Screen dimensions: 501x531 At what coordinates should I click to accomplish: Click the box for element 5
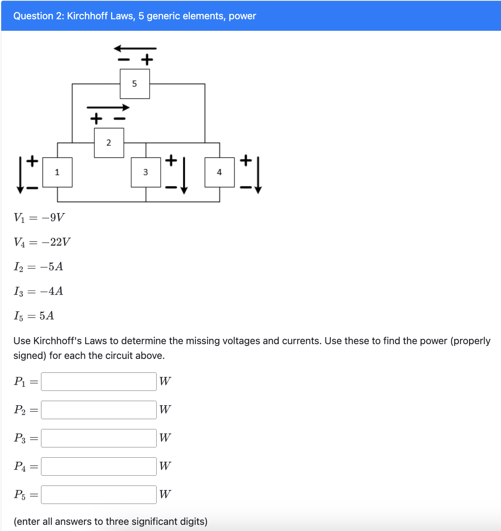(x=134, y=84)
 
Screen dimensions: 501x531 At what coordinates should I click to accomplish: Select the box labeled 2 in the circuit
(x=109, y=143)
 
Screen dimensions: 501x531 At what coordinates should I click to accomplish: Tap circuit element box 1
(x=57, y=172)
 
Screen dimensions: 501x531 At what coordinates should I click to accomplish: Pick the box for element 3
(x=146, y=172)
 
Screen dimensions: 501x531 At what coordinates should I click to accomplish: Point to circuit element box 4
(x=219, y=172)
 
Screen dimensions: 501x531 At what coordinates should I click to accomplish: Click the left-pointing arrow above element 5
(x=135, y=49)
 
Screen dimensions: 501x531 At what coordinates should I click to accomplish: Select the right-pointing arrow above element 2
(x=108, y=108)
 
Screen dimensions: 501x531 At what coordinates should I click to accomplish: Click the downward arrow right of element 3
(x=184, y=175)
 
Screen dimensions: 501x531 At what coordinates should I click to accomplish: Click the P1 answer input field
(x=98, y=381)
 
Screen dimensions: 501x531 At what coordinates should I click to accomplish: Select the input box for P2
(x=98, y=410)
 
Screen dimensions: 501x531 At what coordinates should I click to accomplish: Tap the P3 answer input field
(x=98, y=438)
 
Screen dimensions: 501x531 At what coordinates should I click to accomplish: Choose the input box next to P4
(x=98, y=466)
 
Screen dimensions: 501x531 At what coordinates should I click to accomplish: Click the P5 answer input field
(x=98, y=495)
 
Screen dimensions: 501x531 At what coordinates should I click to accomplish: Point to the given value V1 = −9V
(x=39, y=217)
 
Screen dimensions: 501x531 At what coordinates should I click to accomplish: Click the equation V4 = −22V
(x=42, y=242)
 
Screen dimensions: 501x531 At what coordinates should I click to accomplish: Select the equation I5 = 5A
(x=34, y=315)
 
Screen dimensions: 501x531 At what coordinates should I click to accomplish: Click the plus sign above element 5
(x=147, y=60)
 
